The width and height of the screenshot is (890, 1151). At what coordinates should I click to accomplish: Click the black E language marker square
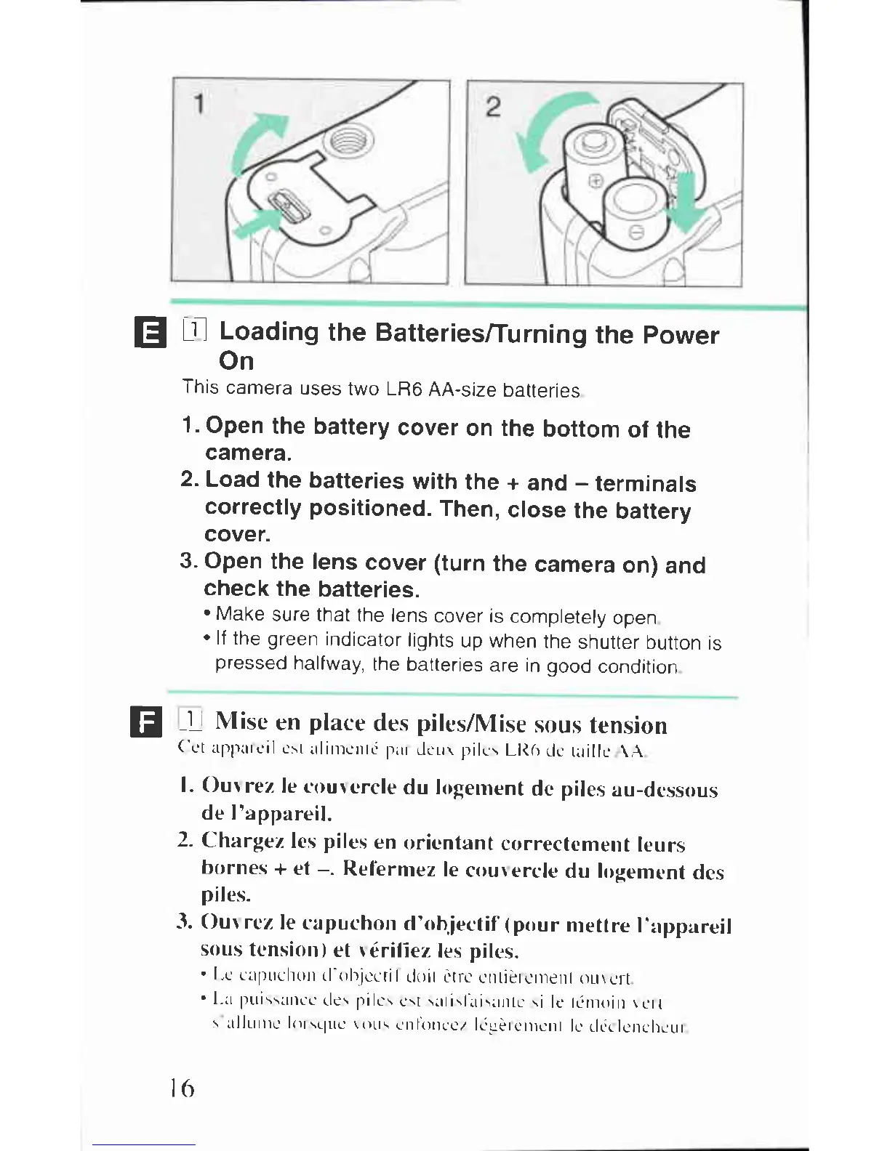151,334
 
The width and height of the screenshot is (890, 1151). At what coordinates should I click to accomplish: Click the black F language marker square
144,722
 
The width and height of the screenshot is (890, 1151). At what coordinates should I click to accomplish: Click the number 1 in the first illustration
198,105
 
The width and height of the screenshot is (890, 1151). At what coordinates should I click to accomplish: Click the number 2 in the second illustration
493,107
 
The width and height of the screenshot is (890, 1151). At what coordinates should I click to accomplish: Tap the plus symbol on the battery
595,181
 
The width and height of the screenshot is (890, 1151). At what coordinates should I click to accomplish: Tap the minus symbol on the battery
634,233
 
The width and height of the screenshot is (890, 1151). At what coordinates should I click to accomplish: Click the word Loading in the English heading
269,332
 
